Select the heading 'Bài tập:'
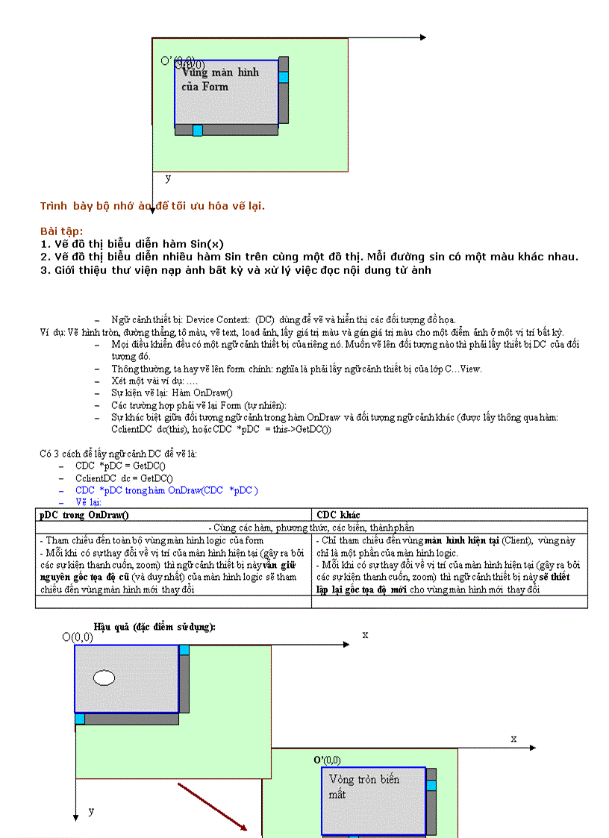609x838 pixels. coord(61,231)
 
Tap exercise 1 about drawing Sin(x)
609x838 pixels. coord(131,244)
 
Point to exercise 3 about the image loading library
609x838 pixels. coord(235,270)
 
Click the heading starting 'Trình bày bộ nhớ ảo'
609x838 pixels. coord(152,206)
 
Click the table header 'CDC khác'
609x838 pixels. coord(338,515)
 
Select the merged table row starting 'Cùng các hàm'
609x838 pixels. coord(311,528)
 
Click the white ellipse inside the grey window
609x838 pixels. coord(104,678)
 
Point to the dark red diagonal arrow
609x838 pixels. coord(212,807)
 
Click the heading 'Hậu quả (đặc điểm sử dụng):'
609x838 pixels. coord(154,627)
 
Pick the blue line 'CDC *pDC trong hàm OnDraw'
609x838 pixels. coord(166,490)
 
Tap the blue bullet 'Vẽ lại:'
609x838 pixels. coord(93,502)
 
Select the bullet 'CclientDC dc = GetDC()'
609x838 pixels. coord(124,478)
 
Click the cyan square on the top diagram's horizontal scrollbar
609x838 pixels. coord(197,131)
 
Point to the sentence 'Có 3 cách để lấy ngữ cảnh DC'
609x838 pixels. coord(119,453)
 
